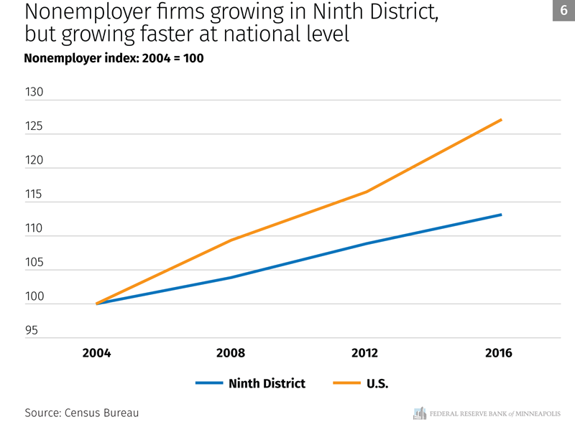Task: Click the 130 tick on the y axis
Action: (x=34, y=93)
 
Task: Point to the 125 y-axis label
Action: (x=34, y=127)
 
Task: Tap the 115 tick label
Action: (x=34, y=195)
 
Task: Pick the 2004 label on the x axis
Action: (x=96, y=354)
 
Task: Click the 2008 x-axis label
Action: (x=231, y=354)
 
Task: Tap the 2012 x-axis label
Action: (x=364, y=354)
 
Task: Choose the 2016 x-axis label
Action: (x=499, y=354)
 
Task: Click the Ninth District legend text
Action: (x=267, y=383)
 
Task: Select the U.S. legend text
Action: (x=377, y=383)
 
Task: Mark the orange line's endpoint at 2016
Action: (x=500, y=120)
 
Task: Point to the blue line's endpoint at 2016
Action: (x=500, y=215)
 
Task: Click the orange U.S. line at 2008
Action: (x=231, y=240)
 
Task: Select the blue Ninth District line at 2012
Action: (x=365, y=244)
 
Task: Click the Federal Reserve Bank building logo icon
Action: (x=420, y=413)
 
